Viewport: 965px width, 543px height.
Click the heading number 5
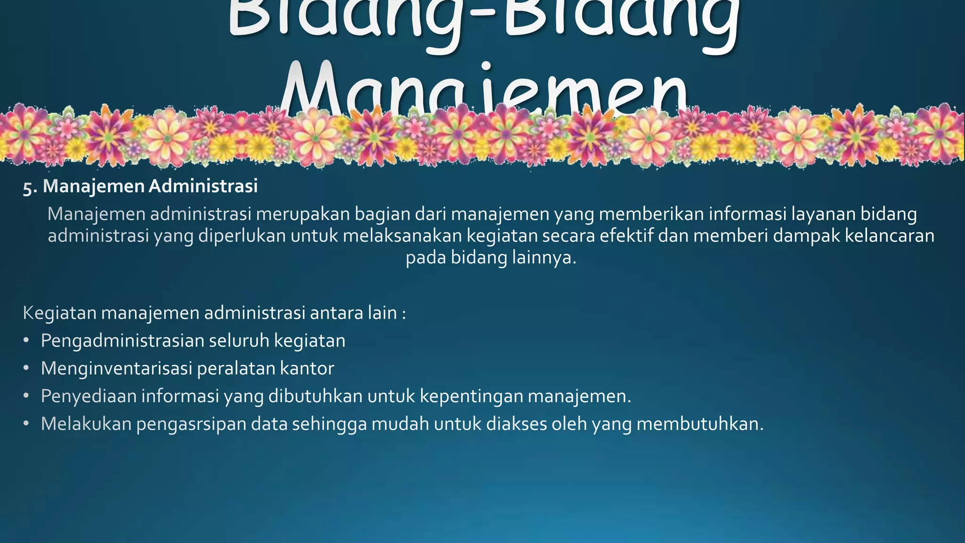(x=29, y=187)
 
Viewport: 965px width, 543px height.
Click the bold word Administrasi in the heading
(x=203, y=186)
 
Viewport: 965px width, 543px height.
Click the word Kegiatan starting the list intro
(x=59, y=313)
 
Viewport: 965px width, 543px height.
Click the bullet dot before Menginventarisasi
(x=26, y=368)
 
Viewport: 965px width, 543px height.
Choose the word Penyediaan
(x=88, y=396)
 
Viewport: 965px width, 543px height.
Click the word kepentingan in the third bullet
(x=471, y=396)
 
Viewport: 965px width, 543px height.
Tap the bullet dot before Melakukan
(x=26, y=423)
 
